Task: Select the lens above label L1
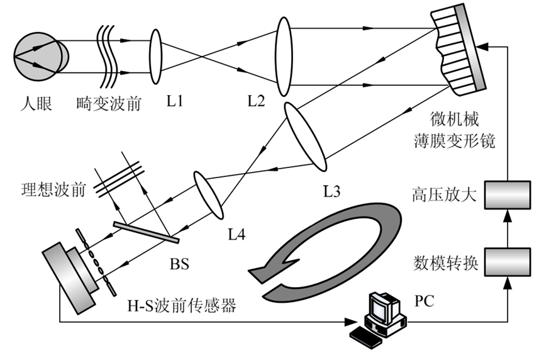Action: tap(156, 55)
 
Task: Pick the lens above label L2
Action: tap(284, 55)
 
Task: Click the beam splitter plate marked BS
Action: tap(147, 230)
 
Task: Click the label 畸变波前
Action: tap(108, 102)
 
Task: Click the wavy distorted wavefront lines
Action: tap(108, 55)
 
